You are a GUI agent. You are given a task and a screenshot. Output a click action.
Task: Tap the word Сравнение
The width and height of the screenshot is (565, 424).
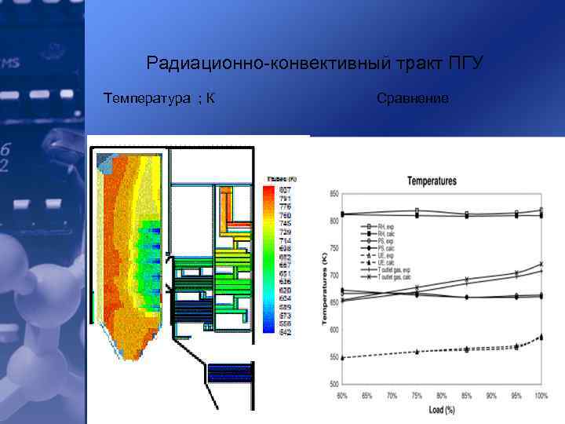(413, 99)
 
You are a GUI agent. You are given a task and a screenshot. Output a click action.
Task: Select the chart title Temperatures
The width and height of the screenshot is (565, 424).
(431, 181)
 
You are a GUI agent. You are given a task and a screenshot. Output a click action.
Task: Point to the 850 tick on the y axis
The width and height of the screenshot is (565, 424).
(334, 194)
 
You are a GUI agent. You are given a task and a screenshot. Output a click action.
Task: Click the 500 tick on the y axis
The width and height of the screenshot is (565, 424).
(334, 384)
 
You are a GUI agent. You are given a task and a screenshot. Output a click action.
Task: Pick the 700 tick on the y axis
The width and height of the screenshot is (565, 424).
(334, 276)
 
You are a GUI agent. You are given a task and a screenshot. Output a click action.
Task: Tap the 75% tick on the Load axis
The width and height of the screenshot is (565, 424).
(417, 395)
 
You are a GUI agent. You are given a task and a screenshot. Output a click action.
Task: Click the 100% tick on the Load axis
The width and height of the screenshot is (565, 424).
(541, 395)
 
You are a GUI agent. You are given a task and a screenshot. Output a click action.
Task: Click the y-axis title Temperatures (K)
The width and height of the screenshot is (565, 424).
(323, 289)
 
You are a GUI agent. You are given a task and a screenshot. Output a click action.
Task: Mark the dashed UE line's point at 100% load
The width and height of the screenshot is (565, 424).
(541, 337)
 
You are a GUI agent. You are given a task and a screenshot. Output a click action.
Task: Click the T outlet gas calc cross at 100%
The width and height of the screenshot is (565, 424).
(541, 264)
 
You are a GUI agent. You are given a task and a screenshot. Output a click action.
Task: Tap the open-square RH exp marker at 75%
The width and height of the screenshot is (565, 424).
(417, 210)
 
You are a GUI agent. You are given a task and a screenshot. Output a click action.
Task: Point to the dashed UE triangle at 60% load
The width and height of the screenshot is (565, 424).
(343, 357)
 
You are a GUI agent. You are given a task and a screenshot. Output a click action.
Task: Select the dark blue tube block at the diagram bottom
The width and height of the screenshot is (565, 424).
(229, 374)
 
